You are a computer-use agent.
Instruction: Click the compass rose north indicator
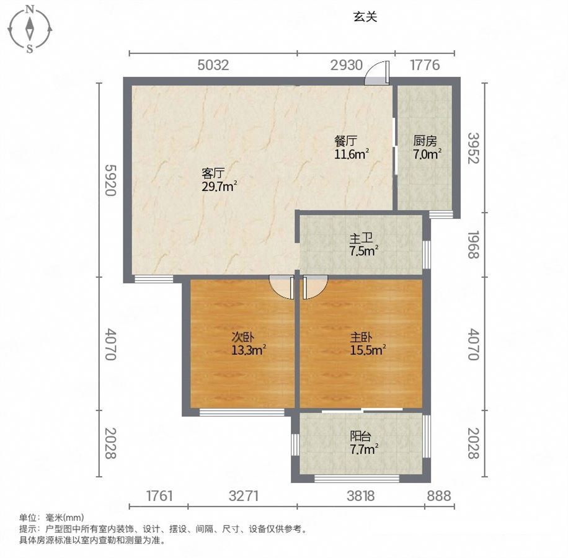tap(31, 10)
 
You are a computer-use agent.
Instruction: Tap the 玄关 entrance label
tap(365, 17)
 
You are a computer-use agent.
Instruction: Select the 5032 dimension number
tap(213, 65)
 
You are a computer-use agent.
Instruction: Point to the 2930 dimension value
tap(346, 65)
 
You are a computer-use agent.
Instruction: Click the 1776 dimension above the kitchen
tap(425, 65)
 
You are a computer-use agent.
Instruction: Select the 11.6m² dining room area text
tap(352, 154)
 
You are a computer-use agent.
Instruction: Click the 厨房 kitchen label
tap(425, 141)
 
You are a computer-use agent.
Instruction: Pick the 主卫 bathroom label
tap(361, 239)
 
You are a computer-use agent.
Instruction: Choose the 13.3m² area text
tap(249, 350)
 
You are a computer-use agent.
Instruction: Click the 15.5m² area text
tap(368, 350)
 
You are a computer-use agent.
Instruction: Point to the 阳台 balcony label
tap(361, 436)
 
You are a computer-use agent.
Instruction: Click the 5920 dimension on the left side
tap(110, 180)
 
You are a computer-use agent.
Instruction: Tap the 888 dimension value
tap(438, 496)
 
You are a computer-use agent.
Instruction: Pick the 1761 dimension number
tap(159, 496)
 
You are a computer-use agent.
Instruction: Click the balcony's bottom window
tap(357, 479)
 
